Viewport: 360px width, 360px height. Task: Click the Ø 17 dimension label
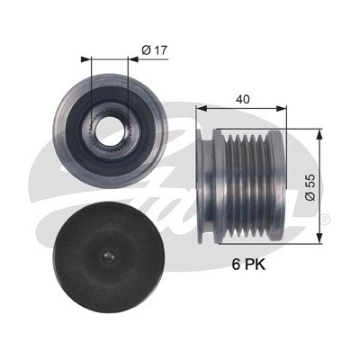pyautogui.click(x=154, y=50)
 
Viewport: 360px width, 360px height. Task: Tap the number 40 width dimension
pyautogui.click(x=243, y=99)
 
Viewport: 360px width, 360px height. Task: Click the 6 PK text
pyautogui.click(x=248, y=265)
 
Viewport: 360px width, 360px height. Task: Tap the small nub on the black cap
pyautogui.click(x=108, y=256)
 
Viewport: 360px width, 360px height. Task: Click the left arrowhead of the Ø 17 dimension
pyautogui.click(x=85, y=59)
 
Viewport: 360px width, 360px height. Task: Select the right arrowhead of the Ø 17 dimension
pyautogui.click(x=133, y=59)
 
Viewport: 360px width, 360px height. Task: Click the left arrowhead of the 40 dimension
pyautogui.click(x=201, y=108)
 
